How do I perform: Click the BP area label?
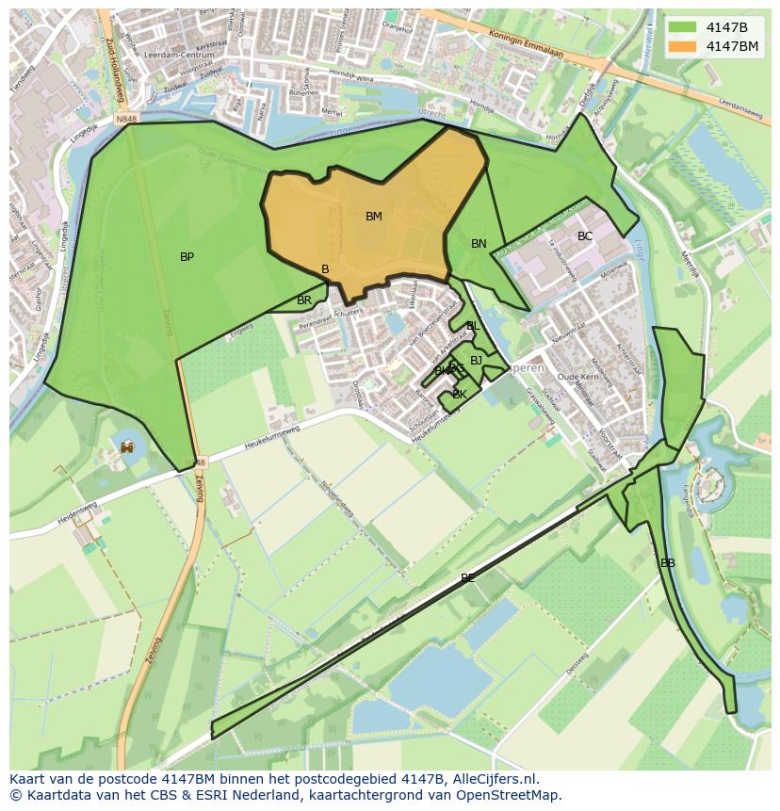(x=187, y=257)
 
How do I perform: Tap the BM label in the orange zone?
(x=374, y=217)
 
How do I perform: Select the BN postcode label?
(x=479, y=244)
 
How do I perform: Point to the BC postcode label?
(x=585, y=236)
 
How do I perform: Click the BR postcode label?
(x=304, y=300)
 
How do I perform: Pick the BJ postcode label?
(x=476, y=360)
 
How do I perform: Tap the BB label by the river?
(x=668, y=563)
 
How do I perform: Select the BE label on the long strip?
(x=468, y=578)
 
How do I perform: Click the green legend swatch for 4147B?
(x=683, y=26)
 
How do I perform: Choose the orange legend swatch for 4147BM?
(x=683, y=45)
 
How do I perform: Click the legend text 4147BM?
(x=732, y=45)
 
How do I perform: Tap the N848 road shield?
(x=127, y=120)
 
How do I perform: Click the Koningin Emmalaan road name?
(x=521, y=41)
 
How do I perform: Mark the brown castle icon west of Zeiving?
(x=127, y=446)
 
